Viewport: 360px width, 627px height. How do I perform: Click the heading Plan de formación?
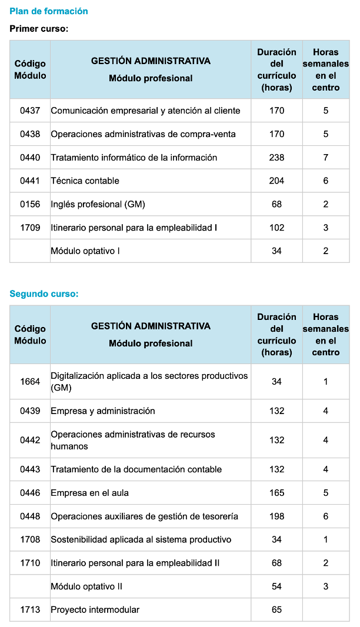(x=49, y=11)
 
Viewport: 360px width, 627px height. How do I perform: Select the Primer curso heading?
(x=39, y=28)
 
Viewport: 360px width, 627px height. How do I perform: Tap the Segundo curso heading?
(x=44, y=294)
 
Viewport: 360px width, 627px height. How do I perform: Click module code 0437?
(x=30, y=111)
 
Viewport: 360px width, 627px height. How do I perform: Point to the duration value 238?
(x=276, y=158)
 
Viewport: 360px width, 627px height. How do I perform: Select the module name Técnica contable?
(x=85, y=181)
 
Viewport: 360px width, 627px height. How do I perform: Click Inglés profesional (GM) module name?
(x=98, y=204)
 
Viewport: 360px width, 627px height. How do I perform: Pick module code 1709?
(x=30, y=228)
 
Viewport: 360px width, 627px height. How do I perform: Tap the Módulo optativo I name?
(x=85, y=251)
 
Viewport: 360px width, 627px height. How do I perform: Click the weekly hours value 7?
(x=326, y=158)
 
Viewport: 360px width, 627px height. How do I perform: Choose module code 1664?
(x=30, y=382)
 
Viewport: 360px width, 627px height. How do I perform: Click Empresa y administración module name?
(x=103, y=411)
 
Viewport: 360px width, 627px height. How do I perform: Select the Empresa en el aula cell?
(x=89, y=493)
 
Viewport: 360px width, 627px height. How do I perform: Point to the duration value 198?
(x=276, y=516)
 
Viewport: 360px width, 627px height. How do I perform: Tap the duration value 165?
(x=276, y=493)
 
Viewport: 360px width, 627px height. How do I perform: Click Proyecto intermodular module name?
(x=95, y=610)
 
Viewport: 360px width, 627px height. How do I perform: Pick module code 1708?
(x=30, y=539)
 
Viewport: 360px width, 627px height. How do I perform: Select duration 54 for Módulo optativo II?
(x=276, y=586)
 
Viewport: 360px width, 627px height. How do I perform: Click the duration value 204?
(x=276, y=181)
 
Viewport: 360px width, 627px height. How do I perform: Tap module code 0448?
(x=30, y=516)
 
